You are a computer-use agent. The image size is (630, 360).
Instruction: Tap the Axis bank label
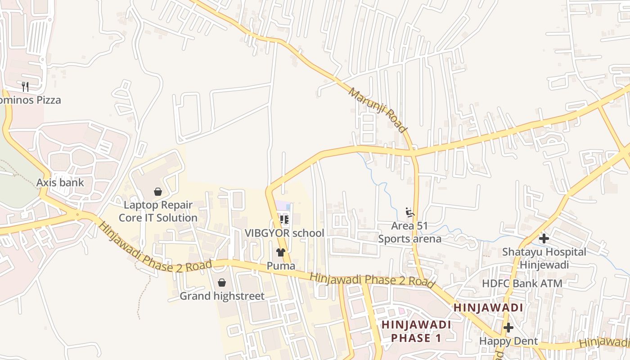click(x=60, y=182)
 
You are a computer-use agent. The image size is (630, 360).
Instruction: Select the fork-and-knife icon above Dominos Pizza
click(x=25, y=86)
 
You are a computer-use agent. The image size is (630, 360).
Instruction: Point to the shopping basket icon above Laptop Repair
click(x=158, y=192)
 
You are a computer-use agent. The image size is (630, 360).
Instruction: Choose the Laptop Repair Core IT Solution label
click(x=157, y=211)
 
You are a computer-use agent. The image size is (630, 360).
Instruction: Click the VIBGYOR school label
click(x=284, y=233)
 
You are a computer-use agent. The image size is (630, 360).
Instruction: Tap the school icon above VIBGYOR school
click(x=284, y=220)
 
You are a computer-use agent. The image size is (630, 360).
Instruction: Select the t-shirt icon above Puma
click(x=281, y=252)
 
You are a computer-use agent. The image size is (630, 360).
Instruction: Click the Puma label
click(x=281, y=265)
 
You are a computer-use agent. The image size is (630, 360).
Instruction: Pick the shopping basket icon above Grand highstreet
click(x=222, y=283)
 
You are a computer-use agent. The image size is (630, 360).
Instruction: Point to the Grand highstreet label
click(x=222, y=296)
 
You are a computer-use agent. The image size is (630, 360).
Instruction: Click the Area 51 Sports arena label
click(x=409, y=232)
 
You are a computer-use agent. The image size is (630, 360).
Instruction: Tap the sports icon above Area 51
click(x=409, y=212)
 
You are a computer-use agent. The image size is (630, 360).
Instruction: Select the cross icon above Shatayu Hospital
click(x=544, y=238)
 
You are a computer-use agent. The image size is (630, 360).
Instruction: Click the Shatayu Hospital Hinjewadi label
click(x=544, y=258)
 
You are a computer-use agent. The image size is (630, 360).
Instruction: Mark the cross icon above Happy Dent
click(x=508, y=328)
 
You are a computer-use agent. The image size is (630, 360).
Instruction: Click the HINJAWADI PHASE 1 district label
click(x=416, y=331)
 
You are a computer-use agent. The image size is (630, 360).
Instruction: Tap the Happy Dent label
click(x=508, y=341)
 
